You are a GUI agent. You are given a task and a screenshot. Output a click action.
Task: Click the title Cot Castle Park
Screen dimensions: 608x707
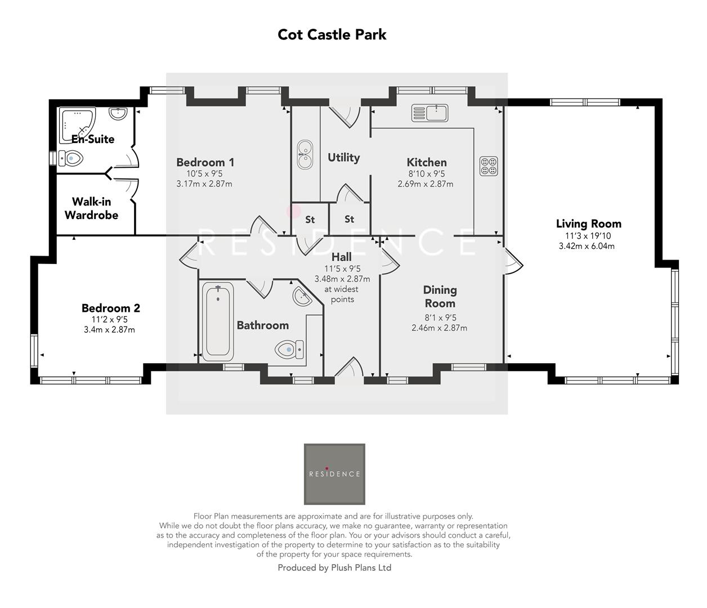332,34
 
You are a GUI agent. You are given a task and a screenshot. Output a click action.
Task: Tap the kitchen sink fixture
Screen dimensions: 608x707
429,113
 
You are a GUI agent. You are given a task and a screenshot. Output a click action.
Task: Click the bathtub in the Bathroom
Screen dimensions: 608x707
217,322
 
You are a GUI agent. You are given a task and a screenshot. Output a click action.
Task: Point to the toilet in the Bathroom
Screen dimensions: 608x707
289,350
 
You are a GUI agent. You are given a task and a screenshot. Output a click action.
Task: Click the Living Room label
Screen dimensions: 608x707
588,223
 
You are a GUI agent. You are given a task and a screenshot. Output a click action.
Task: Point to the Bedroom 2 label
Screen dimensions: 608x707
110,308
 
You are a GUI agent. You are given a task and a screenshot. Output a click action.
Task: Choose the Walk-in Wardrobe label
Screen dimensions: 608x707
91,208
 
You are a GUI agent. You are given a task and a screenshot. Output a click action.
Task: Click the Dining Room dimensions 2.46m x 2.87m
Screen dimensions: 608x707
439,328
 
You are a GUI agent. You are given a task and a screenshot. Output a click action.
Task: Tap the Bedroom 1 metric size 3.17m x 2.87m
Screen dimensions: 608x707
204,184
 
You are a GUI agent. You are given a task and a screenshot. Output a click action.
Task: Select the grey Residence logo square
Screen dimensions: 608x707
334,474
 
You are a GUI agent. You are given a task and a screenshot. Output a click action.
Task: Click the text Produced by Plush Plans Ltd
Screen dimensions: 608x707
334,567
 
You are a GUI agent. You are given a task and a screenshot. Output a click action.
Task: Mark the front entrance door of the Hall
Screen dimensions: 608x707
349,368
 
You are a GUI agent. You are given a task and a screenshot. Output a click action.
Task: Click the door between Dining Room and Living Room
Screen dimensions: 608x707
513,261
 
